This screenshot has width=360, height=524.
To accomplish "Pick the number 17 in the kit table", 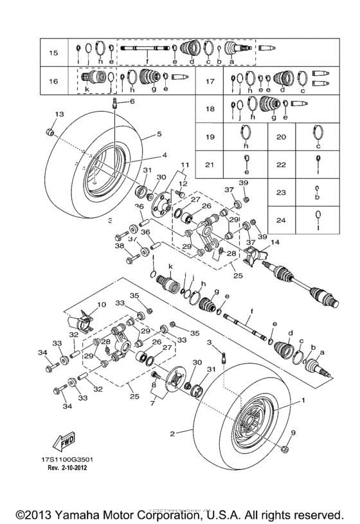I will [x=210, y=82].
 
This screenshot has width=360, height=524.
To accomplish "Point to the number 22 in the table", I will [x=282, y=165].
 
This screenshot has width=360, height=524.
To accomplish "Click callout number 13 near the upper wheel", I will [x=59, y=114].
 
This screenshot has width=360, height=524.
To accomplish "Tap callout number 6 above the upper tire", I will [x=132, y=102].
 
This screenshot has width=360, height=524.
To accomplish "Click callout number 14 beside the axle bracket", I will [x=276, y=242].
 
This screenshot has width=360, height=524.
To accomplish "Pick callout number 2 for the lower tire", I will [x=172, y=434].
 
